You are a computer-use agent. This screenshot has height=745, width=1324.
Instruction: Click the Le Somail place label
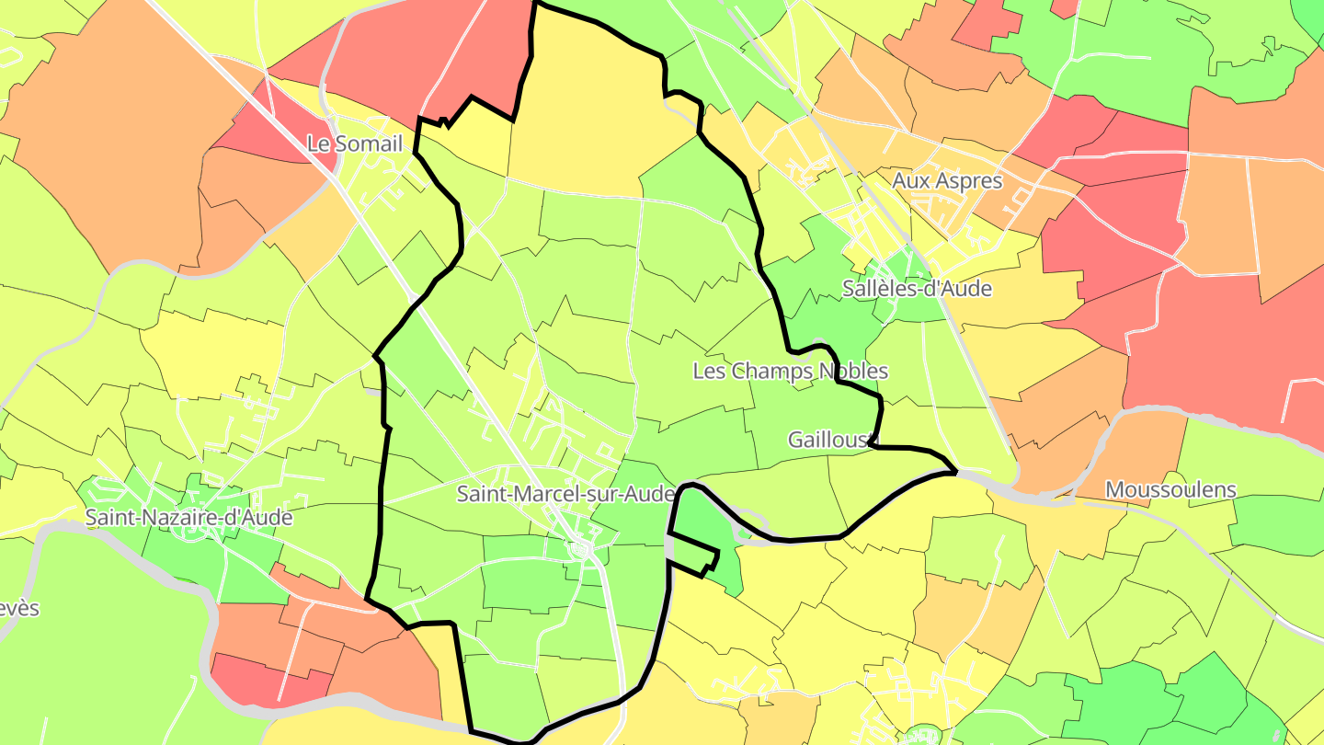(354, 143)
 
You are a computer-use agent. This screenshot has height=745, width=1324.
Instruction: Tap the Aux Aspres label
(946, 180)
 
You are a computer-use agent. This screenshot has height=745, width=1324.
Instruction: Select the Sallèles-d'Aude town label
(917, 288)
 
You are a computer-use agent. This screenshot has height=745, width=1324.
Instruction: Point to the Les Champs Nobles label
(790, 371)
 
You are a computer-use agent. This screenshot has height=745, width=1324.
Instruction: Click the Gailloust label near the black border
(827, 440)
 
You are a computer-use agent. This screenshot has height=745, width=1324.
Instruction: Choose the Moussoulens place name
(1170, 489)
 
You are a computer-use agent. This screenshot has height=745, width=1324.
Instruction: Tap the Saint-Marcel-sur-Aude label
(565, 494)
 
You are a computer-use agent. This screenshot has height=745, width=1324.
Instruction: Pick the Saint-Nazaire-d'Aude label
(188, 517)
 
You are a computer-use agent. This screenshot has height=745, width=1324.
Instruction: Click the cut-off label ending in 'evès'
(18, 608)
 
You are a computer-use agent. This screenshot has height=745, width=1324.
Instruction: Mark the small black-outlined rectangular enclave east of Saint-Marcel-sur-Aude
(691, 554)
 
